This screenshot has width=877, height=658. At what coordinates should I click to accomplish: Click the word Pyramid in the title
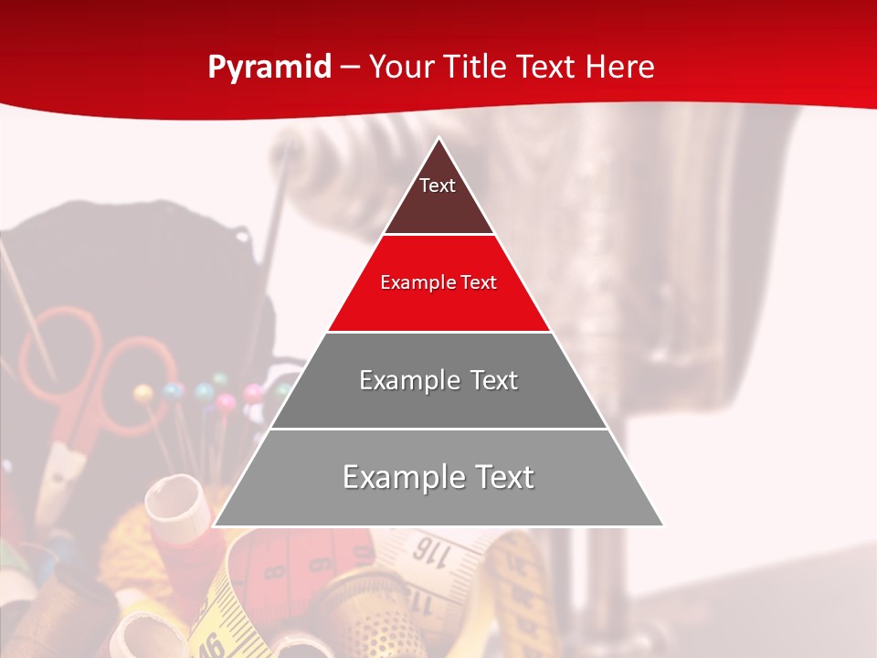pos(269,68)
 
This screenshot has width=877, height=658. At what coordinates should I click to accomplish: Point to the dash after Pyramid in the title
pos(349,68)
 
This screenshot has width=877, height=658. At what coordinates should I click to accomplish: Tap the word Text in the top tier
pos(438,186)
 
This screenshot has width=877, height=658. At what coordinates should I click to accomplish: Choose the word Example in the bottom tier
pos(400,477)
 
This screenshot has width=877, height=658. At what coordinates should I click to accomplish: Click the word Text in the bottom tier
pos(505,477)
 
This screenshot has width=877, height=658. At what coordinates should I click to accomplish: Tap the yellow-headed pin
pos(143,394)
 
